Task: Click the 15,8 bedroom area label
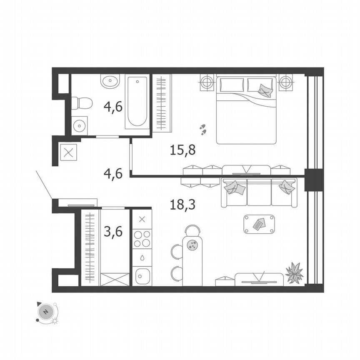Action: (x=183, y=149)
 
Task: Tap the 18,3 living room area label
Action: (x=183, y=204)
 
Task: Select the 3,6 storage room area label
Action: (x=113, y=231)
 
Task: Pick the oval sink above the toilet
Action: (x=110, y=81)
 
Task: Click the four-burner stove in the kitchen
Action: (x=142, y=240)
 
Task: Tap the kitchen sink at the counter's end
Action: (x=142, y=275)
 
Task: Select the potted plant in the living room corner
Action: (x=295, y=273)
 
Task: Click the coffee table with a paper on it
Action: (x=259, y=224)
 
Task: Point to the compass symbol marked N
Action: (x=45, y=312)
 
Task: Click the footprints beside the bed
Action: (x=203, y=129)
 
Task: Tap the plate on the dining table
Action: (x=192, y=245)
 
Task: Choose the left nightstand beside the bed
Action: (x=206, y=82)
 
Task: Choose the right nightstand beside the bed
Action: (x=286, y=82)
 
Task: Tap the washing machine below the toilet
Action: (x=79, y=125)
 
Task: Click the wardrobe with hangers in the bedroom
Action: (x=162, y=103)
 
